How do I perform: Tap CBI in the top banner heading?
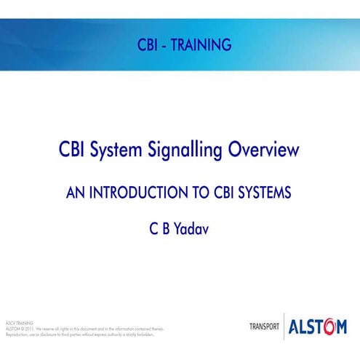pos(148,45)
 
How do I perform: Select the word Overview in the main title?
pos(264,151)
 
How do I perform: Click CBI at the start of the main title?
pos(75,151)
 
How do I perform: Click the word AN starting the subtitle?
pos(75,193)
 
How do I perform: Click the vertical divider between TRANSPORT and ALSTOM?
pos(284,327)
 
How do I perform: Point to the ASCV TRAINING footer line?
pos(19,321)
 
